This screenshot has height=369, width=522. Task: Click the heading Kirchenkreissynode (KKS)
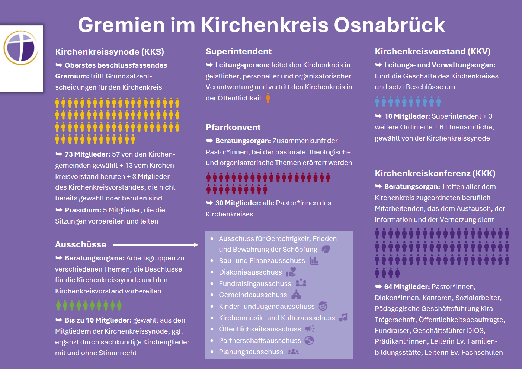tap(109, 52)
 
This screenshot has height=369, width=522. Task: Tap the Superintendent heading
tap(238, 51)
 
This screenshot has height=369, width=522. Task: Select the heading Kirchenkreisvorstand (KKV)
tap(432, 51)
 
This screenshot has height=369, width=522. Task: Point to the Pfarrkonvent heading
tap(233, 127)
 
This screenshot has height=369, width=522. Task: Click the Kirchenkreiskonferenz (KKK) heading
tap(435, 173)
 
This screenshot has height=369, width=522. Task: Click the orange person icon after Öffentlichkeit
tap(268, 98)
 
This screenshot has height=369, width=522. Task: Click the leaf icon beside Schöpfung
tap(326, 249)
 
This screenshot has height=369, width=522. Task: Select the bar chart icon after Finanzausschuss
tap(314, 261)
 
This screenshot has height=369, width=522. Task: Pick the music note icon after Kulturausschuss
tap(343, 317)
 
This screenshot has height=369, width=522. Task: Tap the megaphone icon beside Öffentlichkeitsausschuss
tap(310, 329)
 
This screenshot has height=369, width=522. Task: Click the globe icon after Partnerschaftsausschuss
tap(309, 340)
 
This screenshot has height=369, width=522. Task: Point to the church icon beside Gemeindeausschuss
tap(296, 295)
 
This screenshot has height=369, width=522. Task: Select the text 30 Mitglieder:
tap(238, 203)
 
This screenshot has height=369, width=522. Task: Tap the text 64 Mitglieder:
tap(407, 287)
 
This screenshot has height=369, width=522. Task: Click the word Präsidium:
tap(83, 210)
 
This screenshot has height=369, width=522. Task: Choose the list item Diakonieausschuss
tap(250, 272)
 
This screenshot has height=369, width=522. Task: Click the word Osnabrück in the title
tap(389, 25)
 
